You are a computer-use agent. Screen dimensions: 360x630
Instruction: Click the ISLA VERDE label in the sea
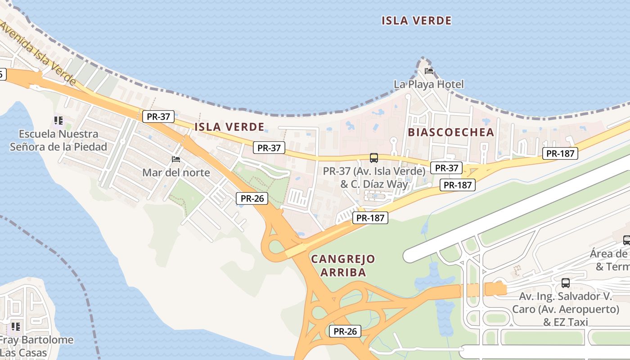point(416,21)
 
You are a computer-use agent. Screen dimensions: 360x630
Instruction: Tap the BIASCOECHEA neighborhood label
point(451,132)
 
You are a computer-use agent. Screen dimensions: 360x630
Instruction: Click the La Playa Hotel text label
point(428,84)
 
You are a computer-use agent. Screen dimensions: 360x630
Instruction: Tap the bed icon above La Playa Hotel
point(429,71)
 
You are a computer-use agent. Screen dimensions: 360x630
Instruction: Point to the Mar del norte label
point(176,172)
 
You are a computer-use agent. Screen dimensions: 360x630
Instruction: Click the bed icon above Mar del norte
point(176,159)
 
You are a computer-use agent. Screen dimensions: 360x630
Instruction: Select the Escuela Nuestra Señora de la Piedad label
point(58,140)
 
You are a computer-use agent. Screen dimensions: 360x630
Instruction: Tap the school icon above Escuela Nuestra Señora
point(58,121)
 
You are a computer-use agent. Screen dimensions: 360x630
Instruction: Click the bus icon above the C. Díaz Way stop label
point(374,158)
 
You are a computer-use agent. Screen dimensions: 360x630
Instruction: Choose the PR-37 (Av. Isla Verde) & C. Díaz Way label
point(374,177)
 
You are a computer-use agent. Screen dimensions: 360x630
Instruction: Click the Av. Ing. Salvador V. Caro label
point(565,309)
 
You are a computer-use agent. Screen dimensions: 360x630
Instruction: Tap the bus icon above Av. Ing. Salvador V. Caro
point(566,283)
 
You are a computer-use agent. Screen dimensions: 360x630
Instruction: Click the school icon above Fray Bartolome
point(16,326)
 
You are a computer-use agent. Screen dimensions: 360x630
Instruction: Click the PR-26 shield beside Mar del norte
point(252,198)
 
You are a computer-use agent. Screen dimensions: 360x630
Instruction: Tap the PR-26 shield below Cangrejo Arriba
point(345,332)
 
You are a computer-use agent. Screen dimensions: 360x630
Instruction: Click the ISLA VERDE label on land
point(229,127)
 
